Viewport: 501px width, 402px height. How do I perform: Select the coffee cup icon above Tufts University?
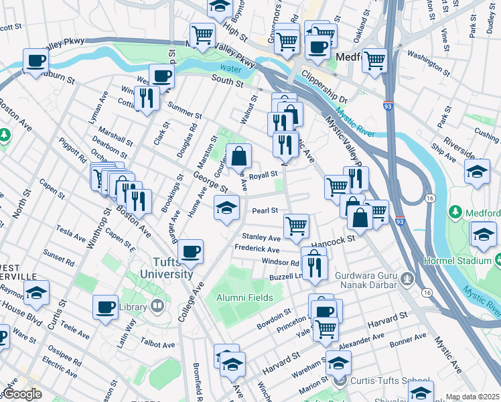(x=191, y=252)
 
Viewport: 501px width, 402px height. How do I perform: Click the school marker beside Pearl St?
(x=226, y=208)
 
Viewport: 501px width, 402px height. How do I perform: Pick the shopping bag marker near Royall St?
(x=238, y=157)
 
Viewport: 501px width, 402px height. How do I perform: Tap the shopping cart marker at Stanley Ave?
(x=296, y=226)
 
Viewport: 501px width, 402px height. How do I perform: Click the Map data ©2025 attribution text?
(x=472, y=397)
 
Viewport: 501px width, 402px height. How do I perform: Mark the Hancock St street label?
(x=331, y=239)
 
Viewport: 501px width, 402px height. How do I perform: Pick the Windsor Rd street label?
(x=280, y=262)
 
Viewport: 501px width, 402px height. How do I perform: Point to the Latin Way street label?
(x=127, y=331)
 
